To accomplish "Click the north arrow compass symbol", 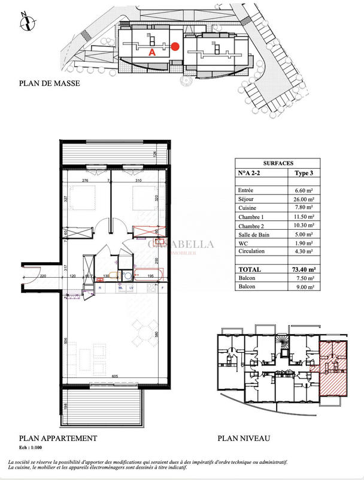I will (x=25, y=22).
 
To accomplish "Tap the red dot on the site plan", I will (x=175, y=46).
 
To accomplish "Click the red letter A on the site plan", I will (x=152, y=52).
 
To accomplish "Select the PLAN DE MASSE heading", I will (x=50, y=83).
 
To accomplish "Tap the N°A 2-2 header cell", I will (x=253, y=173).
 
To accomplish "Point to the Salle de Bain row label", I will (x=254, y=235).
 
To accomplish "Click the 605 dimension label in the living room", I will (x=114, y=376).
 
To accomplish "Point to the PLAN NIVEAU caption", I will (x=244, y=439).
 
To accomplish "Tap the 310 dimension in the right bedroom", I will (x=138, y=181).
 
